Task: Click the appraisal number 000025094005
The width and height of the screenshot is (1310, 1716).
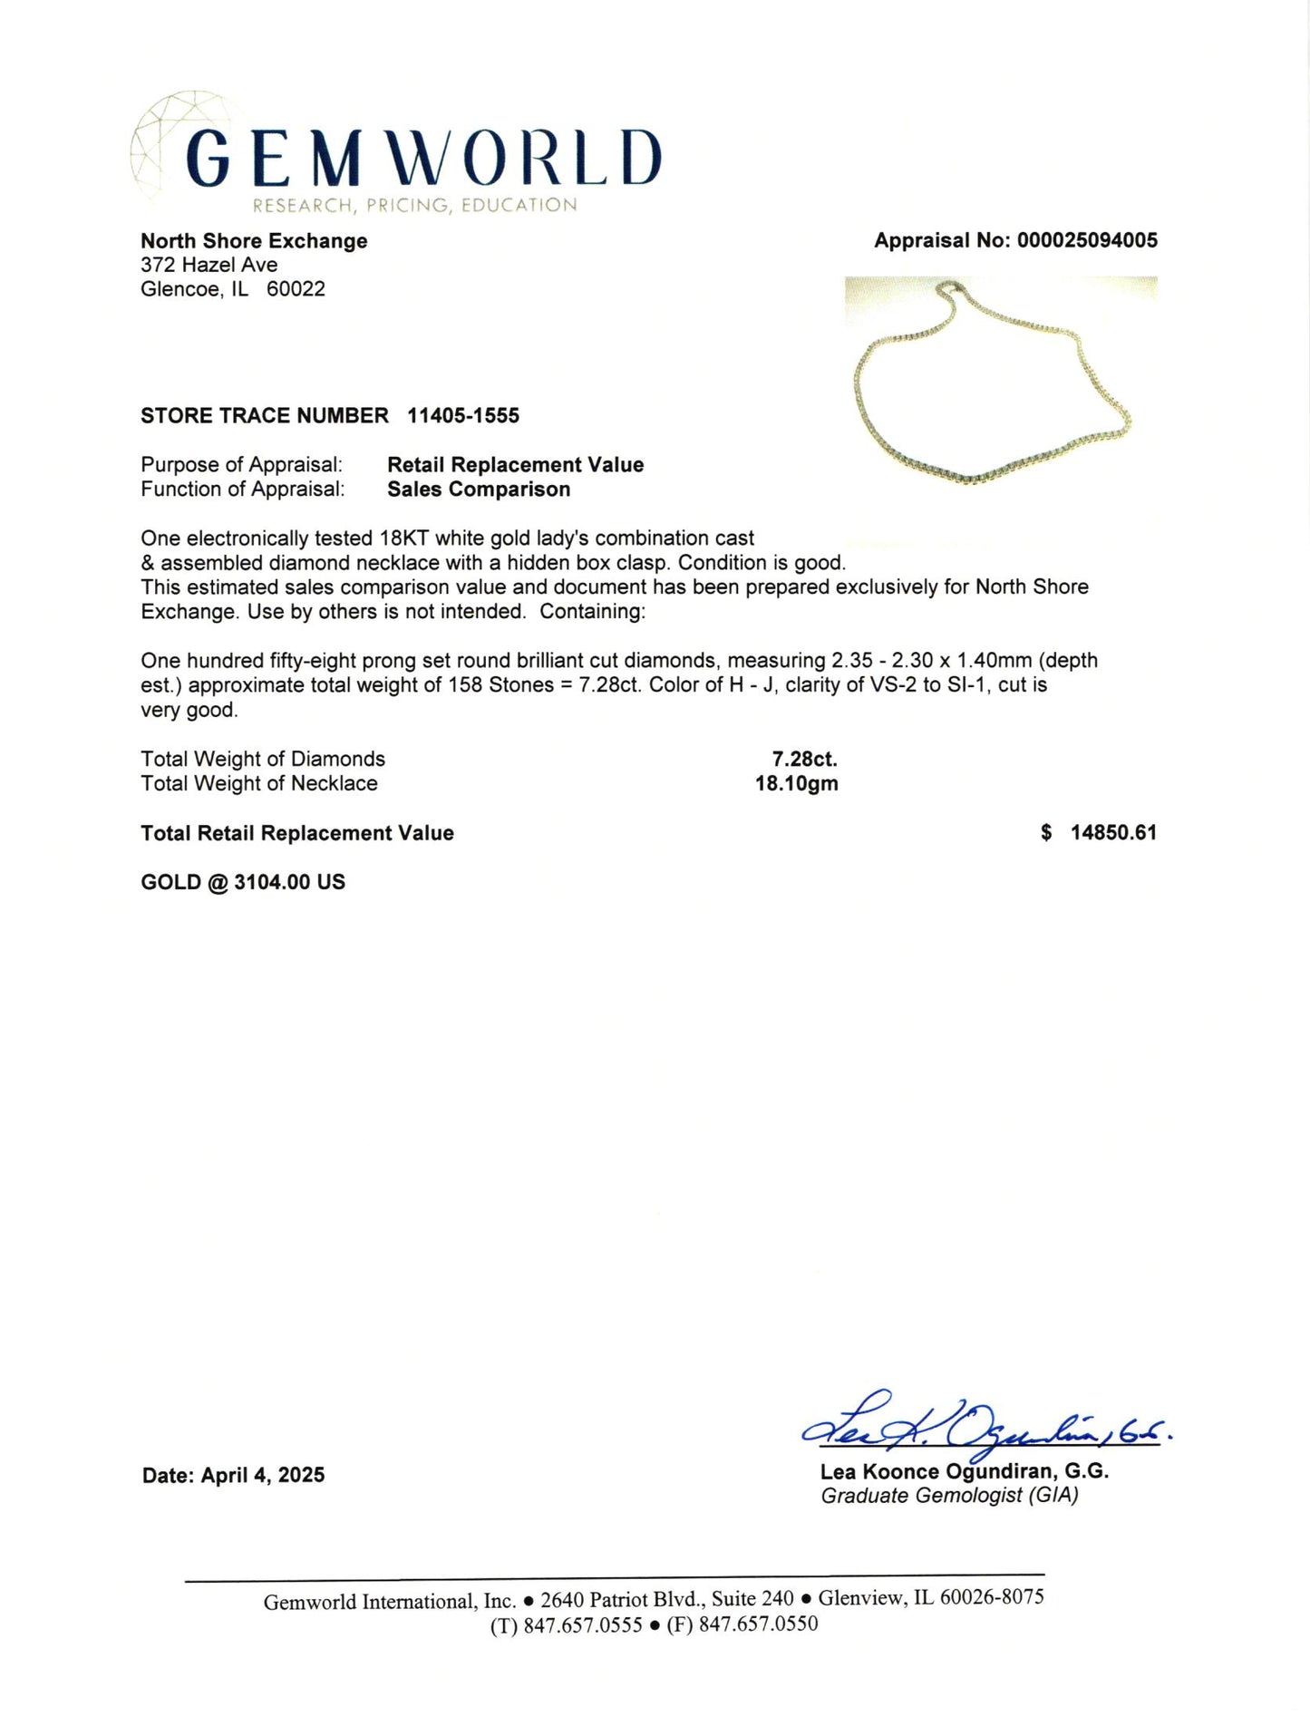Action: (x=1087, y=240)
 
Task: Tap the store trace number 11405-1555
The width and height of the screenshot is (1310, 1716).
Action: (x=463, y=416)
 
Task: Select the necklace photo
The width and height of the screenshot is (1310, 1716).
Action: (x=1001, y=383)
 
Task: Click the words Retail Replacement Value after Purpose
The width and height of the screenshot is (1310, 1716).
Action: (x=515, y=465)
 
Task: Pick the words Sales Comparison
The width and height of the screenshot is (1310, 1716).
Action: (x=479, y=490)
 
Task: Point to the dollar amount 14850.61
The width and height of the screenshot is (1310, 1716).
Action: (x=1113, y=833)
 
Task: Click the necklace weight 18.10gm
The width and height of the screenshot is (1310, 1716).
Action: (x=796, y=784)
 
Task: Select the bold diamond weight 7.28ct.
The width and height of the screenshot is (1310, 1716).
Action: (x=804, y=760)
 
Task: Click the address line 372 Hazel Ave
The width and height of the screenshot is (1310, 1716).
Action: (x=209, y=266)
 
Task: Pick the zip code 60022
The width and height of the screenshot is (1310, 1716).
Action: (x=296, y=290)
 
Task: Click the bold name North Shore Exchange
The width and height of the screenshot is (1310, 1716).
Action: (x=254, y=241)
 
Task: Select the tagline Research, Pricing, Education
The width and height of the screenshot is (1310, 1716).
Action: (x=414, y=206)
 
